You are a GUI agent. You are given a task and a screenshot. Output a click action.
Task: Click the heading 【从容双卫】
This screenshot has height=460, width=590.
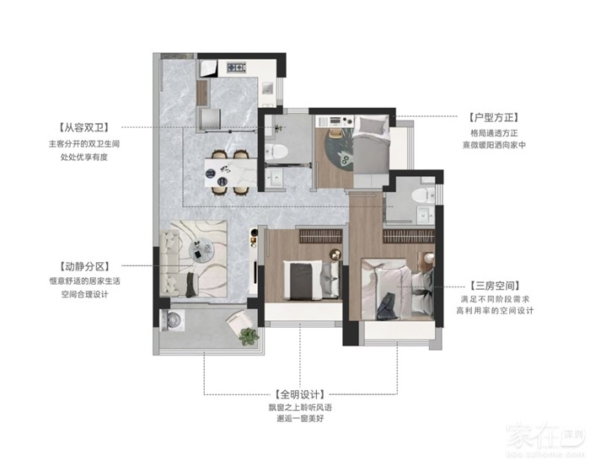pyautogui.click(x=84, y=127)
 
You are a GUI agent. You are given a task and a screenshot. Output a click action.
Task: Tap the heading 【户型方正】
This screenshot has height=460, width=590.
pyautogui.click(x=494, y=117)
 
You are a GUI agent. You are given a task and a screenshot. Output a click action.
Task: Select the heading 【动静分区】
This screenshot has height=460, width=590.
pyautogui.click(x=84, y=266)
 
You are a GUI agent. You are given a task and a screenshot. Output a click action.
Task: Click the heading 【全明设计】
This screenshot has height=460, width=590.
pyautogui.click(x=300, y=394)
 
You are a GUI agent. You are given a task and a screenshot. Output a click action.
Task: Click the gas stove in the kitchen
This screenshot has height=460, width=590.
pyautogui.click(x=236, y=67)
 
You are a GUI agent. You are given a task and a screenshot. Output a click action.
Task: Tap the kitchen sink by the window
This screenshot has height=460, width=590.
pyautogui.click(x=268, y=89)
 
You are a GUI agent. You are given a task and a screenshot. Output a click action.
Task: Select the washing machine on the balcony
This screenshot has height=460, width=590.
pyautogui.click(x=173, y=320)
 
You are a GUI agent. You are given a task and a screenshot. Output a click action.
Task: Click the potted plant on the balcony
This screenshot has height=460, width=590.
pyautogui.click(x=249, y=337)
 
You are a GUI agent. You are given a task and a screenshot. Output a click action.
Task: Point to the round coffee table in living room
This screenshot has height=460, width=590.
pyautogui.click(x=201, y=250)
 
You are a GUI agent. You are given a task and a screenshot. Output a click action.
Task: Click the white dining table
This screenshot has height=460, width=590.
pyautogui.click(x=231, y=173)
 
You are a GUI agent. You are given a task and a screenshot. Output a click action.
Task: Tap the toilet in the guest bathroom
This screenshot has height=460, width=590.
pyautogui.click(x=276, y=152)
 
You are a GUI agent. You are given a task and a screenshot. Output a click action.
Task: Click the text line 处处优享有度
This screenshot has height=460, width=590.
pyautogui.click(x=84, y=157)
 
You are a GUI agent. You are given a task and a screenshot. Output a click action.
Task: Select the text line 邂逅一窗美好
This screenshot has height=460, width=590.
pyautogui.click(x=300, y=419)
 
